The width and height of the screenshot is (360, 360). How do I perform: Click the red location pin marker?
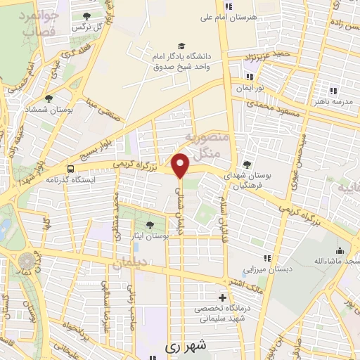[x=181, y=165]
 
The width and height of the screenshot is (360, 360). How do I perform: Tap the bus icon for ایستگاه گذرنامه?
[x=70, y=169]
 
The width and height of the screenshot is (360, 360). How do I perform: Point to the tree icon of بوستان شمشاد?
[x=49, y=99]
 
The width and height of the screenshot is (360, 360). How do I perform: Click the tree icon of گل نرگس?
[x=86, y=16]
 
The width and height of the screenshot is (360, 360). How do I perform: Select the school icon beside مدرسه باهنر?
[x=333, y=91]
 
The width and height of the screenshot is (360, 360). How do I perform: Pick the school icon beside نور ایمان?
[x=249, y=77]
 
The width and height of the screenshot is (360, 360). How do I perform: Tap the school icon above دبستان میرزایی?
[x=266, y=258]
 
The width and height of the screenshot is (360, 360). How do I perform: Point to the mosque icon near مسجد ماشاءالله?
[x=340, y=251]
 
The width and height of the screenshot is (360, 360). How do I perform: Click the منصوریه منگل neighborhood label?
[x=206, y=144]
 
